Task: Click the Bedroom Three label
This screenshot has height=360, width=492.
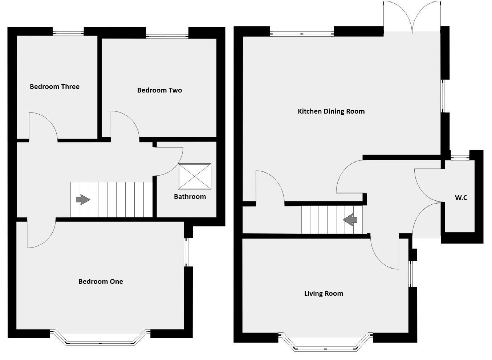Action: pyautogui.click(x=54, y=87)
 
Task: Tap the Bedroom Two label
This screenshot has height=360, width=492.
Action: pyautogui.click(x=159, y=90)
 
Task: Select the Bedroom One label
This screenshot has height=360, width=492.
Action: pyautogui.click(x=101, y=282)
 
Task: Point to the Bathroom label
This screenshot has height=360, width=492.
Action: pyautogui.click(x=190, y=197)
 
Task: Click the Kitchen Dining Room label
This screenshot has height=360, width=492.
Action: pyautogui.click(x=331, y=111)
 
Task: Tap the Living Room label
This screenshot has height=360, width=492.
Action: pyautogui.click(x=324, y=294)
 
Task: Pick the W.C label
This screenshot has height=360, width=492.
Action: pyautogui.click(x=461, y=198)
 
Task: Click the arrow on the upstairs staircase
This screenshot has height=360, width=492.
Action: pyautogui.click(x=83, y=199)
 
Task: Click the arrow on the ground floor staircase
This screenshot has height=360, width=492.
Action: pyautogui.click(x=350, y=220)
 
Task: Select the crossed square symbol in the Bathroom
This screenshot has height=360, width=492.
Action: pyautogui.click(x=195, y=176)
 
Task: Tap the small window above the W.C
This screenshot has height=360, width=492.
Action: pyautogui.click(x=459, y=157)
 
